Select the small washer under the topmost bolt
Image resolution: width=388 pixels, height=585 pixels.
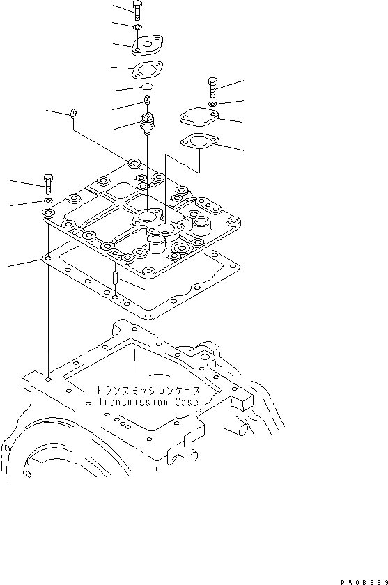pyautogui.click(x=138, y=28)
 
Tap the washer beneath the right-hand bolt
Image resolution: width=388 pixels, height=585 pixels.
pyautogui.click(x=213, y=104)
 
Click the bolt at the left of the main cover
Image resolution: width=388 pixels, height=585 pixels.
pyautogui.click(x=48, y=183)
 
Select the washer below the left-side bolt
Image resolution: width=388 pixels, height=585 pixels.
pyautogui.click(x=49, y=201)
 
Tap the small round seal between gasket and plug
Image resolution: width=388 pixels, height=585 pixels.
pyautogui.click(x=146, y=86)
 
